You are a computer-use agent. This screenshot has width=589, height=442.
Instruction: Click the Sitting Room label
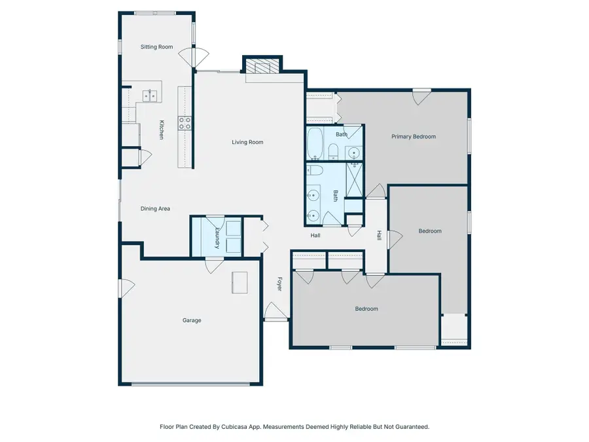click(x=156, y=47)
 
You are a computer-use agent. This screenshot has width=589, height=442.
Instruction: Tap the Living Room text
click(x=247, y=142)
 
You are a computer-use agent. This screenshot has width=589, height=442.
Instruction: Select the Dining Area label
click(x=156, y=209)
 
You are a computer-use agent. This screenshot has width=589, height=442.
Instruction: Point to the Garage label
click(x=192, y=320)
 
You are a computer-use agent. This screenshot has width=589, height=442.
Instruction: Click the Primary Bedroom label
click(x=414, y=137)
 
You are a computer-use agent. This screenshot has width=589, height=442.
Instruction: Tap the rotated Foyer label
click(x=279, y=285)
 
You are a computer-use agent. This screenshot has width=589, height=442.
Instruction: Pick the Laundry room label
click(x=217, y=237)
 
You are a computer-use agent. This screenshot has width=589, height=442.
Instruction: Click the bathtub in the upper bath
click(x=315, y=143)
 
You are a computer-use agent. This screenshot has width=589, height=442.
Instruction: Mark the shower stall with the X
click(x=354, y=180)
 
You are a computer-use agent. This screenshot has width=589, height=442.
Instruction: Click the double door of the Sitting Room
click(x=188, y=58)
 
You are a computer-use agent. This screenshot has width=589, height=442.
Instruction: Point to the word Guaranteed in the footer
click(x=410, y=426)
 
